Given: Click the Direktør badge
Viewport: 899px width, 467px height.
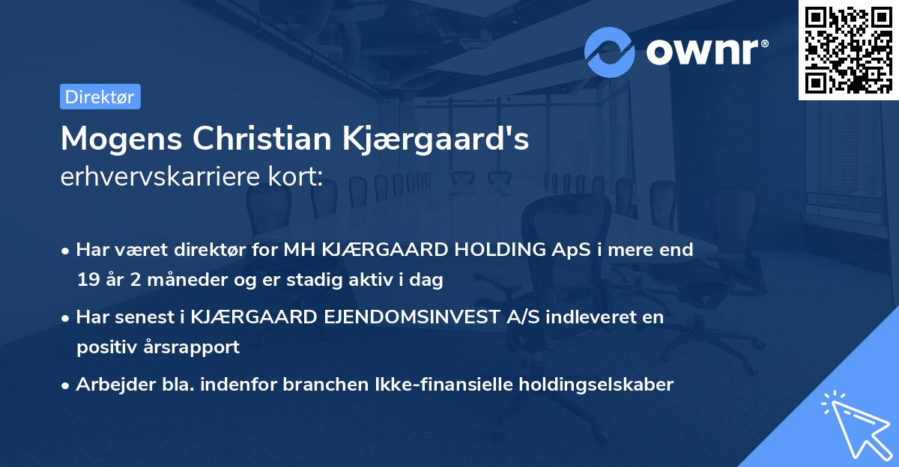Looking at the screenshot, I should coord(100,97).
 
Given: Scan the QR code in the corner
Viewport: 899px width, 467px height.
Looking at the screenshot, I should coord(848,49).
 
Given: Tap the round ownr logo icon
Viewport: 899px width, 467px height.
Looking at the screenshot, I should coord(610,52).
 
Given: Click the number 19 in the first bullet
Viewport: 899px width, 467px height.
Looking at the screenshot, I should coord(88,280).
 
